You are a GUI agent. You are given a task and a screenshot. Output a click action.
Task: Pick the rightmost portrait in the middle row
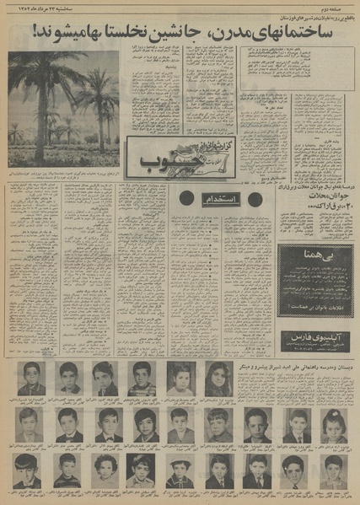(331, 424)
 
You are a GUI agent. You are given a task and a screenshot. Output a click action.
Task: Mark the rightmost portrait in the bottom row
(331, 470)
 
